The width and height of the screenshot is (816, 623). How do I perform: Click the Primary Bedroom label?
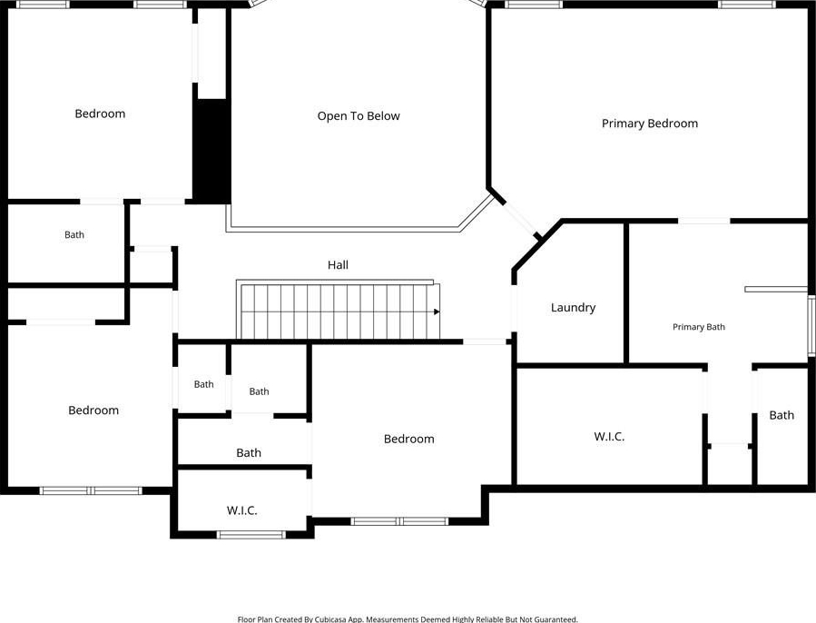click(650, 124)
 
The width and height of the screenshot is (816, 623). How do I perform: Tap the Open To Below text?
click(359, 116)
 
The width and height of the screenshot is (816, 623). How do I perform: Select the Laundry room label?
click(573, 308)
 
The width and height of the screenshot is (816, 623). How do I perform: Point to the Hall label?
click(338, 264)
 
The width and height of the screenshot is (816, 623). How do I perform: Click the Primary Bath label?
click(698, 327)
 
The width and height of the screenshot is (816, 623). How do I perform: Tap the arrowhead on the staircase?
click(437, 312)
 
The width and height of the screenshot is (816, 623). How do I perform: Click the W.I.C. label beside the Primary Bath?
click(609, 437)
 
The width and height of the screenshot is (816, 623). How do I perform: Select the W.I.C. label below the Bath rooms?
click(242, 510)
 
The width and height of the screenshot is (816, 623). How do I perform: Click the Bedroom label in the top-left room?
click(100, 114)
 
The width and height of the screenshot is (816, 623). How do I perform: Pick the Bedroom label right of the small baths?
click(409, 440)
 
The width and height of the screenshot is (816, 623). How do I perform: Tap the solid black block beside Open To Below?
click(211, 150)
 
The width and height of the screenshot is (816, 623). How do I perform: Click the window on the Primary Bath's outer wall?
click(811, 325)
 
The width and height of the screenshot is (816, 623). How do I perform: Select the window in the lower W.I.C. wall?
click(251, 534)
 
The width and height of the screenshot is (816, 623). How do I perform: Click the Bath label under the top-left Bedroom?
click(74, 235)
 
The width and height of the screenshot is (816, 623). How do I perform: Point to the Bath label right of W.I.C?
click(782, 415)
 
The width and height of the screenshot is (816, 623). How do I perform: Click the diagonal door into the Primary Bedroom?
click(519, 216)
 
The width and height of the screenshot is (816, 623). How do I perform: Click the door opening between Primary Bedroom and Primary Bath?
click(703, 222)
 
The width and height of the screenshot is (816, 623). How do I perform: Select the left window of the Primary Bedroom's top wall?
click(534, 5)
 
